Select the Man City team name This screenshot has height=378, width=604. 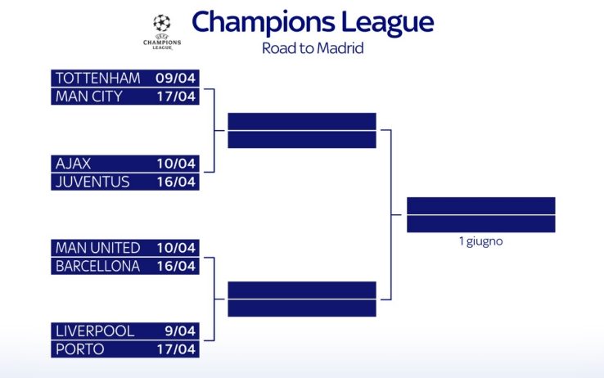coord(88,97)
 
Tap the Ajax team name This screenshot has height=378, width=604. coord(73,164)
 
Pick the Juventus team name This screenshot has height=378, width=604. coord(92,182)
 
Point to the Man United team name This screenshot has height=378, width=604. coord(97,248)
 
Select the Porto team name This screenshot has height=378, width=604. coord(79,349)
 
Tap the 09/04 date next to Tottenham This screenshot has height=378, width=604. coord(176,79)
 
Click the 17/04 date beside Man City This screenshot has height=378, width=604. coord(176,97)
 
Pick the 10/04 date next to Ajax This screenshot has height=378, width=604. coord(176,164)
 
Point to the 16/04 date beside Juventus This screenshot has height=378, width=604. coord(176,182)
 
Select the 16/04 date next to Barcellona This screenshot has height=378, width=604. coord(176,266)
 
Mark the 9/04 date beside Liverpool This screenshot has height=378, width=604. coord(179,331)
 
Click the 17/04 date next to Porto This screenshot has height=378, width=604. coord(176,349)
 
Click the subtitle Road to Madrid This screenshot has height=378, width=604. coord(312,47)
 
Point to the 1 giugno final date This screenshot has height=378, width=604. coord(480,241)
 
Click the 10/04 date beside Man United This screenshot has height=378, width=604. coord(176,248)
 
